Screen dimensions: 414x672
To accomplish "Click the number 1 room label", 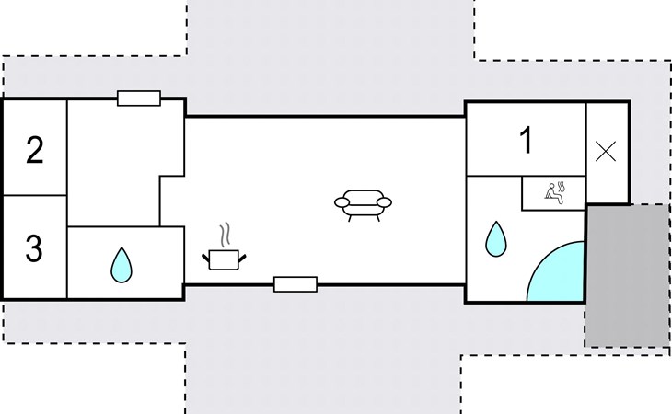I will pos(526,141).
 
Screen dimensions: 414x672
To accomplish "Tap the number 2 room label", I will pos(34,149).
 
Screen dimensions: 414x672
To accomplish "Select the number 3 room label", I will pos(33,248).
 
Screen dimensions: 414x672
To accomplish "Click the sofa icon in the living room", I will pos(364,203).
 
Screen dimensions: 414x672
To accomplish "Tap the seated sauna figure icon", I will pos(552,193).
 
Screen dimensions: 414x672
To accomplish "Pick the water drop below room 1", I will pos(497,239).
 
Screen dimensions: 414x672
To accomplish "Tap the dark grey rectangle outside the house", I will pos(627,276).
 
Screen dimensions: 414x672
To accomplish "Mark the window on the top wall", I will pos(139,98).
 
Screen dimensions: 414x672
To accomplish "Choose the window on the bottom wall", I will pos(295,284).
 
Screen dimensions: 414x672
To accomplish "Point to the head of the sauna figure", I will pos(550,186).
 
